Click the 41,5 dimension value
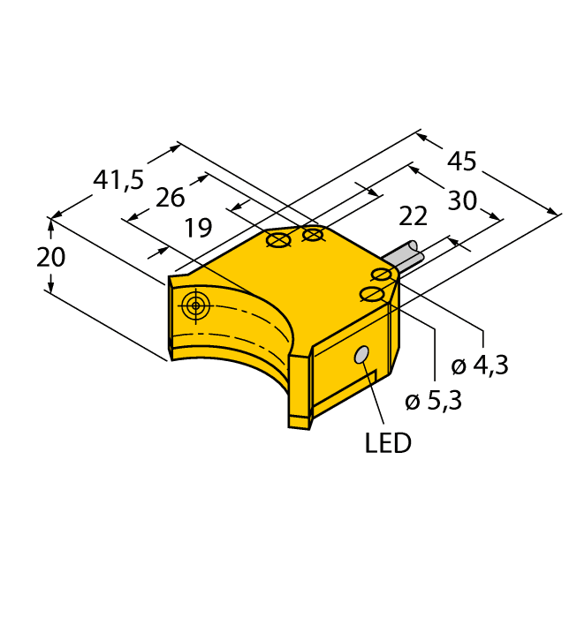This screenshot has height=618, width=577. pos(118,180)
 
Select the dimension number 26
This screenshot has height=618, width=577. pos(170,198)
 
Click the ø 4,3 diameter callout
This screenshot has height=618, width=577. pos(482,365)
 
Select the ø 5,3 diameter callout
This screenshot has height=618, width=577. pos(433,402)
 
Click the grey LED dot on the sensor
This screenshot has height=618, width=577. pos(361,355)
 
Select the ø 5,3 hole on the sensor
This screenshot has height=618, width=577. pos(373,294)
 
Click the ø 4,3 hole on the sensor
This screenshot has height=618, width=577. pos(383,275)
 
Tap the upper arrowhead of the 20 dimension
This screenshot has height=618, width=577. pos(51,226)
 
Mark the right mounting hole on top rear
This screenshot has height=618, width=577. pos(313,234)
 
